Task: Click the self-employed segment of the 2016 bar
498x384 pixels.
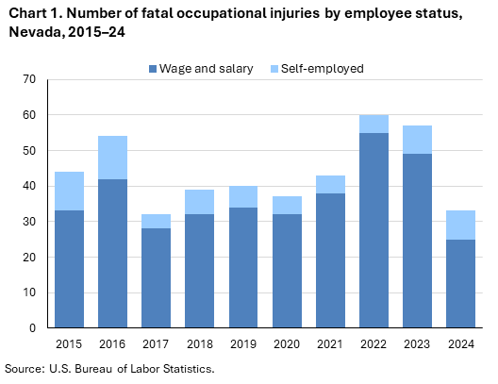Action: click(x=112, y=158)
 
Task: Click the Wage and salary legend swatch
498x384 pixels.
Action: click(x=153, y=68)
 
